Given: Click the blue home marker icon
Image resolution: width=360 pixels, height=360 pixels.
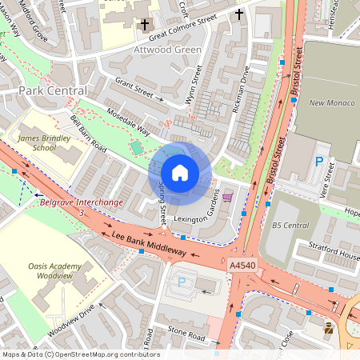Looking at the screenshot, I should pos(180,172).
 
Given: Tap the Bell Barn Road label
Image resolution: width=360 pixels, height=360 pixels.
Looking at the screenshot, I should pos(88,131).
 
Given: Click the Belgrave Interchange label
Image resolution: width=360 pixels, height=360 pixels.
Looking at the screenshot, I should pos(81,202).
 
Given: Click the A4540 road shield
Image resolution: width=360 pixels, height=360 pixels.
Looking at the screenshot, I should pos(242,265).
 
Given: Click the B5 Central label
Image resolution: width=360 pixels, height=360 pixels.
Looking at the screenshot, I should pos(290,226).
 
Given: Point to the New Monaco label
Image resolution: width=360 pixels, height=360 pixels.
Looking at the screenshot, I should pos(327,103).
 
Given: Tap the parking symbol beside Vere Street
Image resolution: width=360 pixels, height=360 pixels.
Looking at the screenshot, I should pos(319,162).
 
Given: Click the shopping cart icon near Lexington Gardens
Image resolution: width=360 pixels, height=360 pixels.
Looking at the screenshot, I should pos(227,197).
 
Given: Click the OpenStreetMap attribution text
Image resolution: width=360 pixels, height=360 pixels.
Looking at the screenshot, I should pos(80,354).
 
